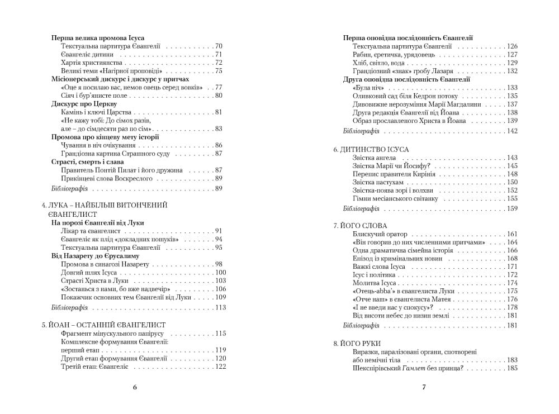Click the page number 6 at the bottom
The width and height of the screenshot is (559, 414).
coord(135,387)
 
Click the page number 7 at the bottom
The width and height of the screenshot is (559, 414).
coord(424,387)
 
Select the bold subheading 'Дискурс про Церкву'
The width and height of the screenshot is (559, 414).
coord(84,104)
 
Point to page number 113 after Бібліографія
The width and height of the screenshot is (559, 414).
coord(219,307)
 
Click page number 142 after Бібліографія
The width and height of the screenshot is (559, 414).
coord(511,131)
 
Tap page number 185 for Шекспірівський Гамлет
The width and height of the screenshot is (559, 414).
coord(511,369)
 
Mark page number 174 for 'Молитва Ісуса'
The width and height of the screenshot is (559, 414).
coord(511,283)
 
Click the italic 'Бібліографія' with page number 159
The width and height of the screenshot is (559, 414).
coord(361,208)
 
